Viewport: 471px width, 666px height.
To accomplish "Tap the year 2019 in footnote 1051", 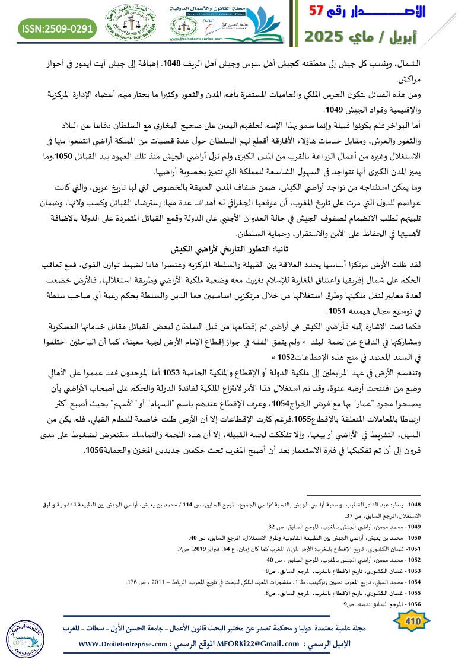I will tap(207, 547).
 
